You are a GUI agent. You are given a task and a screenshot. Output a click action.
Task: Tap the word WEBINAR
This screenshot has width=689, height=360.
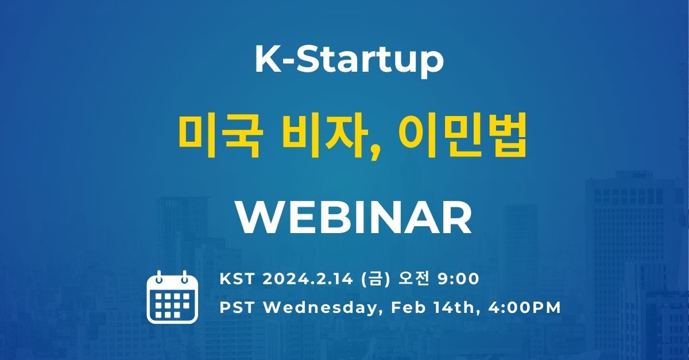354,218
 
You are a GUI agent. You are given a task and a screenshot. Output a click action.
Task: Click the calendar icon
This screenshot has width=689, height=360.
172,297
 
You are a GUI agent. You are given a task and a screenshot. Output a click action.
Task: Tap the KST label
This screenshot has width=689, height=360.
237,279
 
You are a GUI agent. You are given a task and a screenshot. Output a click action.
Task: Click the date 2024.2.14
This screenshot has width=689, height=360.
308,279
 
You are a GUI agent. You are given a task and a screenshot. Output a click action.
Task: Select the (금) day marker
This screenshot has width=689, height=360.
377,279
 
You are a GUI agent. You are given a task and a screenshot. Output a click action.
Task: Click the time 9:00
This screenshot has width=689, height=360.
458,279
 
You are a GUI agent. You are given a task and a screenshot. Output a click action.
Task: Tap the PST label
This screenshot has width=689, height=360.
237,308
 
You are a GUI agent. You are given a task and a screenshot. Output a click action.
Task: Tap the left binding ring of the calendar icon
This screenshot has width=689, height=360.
159,277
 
